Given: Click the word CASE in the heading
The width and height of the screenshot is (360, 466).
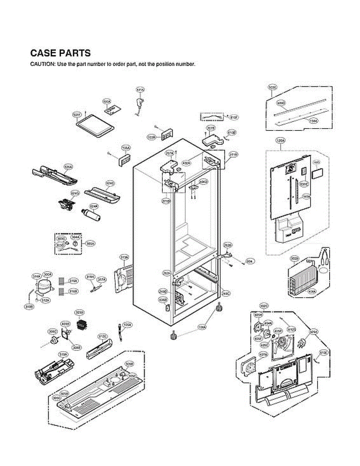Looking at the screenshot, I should click(44, 53).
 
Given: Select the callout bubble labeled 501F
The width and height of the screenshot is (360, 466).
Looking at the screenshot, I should click(77, 115).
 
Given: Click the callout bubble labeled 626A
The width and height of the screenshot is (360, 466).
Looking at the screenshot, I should click(68, 167).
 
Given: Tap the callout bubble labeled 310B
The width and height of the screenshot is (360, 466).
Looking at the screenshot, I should click(29, 306).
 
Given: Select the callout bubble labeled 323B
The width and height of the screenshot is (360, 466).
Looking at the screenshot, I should click(79, 313).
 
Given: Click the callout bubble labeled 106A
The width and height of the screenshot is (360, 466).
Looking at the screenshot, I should click(202, 327).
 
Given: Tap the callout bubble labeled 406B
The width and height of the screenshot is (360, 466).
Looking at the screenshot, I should click(163, 299).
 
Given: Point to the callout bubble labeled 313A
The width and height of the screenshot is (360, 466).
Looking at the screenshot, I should click(124, 257).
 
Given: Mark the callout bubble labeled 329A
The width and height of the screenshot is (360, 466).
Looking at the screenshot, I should click(313, 332).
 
